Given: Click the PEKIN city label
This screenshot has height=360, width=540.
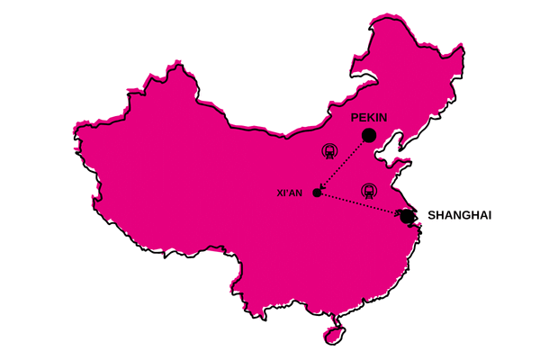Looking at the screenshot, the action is tap(368, 118).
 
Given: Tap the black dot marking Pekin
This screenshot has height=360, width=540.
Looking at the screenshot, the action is tap(368, 136).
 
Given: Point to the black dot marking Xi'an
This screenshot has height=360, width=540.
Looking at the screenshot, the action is tap(317, 193).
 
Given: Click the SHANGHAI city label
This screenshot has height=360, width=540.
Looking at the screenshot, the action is tap(459, 216).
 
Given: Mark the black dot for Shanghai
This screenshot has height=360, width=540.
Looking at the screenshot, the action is tap(408, 216).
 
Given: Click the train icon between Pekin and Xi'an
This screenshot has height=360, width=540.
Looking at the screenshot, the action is tap(330, 151).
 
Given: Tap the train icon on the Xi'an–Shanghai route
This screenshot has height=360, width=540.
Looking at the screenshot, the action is tap(368, 191).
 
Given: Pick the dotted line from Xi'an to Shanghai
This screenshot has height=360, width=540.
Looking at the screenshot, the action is tap(360, 204).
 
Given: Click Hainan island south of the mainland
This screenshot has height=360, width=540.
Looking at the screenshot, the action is tap(334, 334).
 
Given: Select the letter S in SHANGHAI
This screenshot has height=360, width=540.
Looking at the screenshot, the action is tap(431, 216).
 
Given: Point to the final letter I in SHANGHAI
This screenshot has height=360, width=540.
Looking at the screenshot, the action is tap(489, 216).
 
